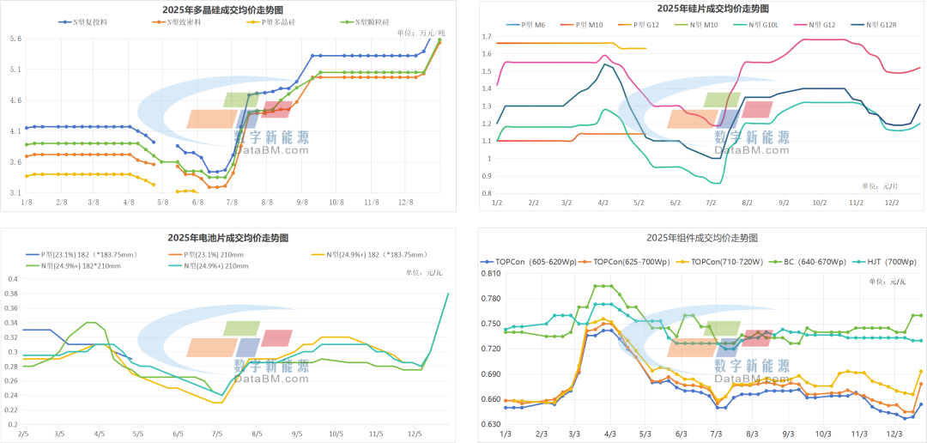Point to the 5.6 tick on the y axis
(x=15, y=39)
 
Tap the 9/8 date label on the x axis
(x=302, y=202)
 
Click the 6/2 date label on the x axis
(x=674, y=203)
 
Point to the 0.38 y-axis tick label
(x=11, y=294)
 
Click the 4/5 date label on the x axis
(x=100, y=434)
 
